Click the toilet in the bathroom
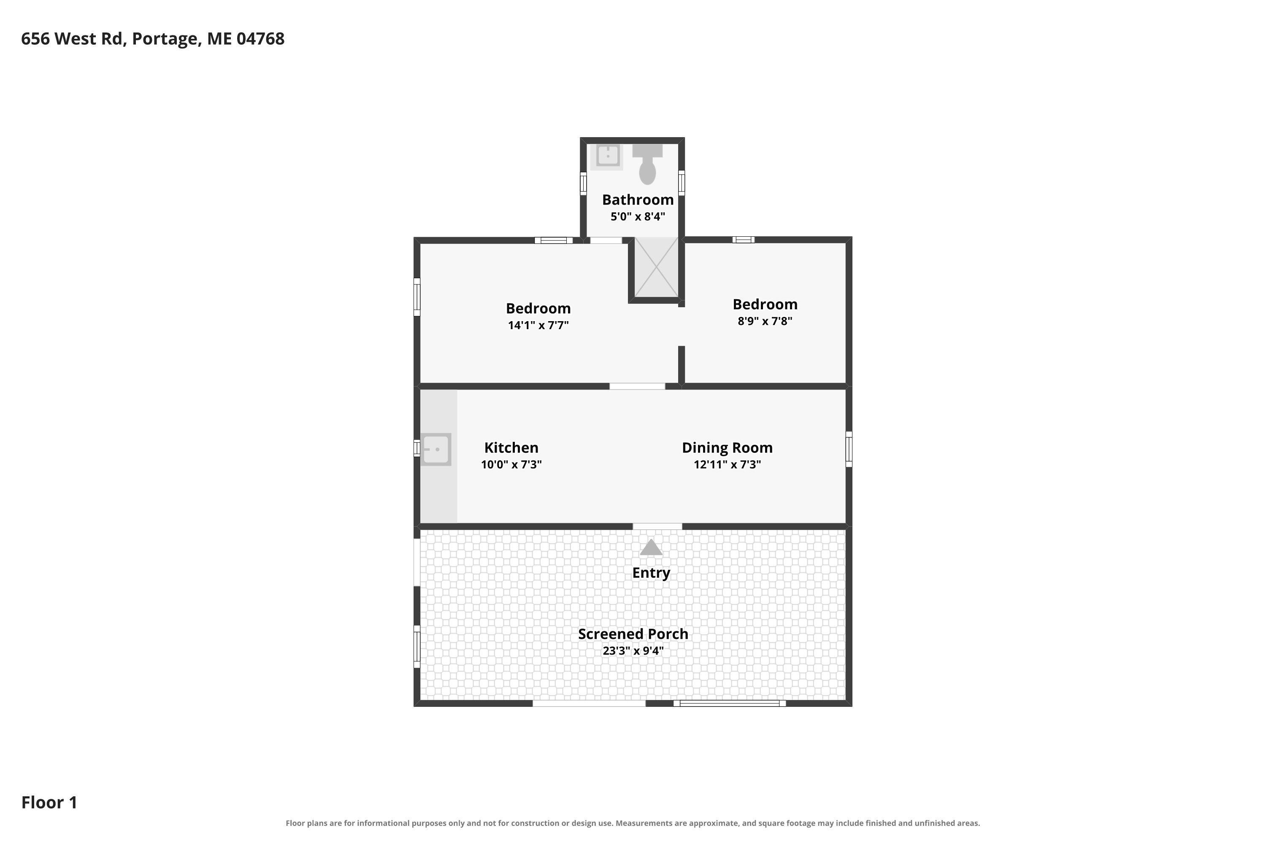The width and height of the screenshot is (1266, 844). click(647, 164)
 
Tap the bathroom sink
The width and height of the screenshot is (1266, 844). click(608, 156)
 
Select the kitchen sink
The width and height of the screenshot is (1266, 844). click(436, 449)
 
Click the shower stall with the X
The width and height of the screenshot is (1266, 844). click(656, 267)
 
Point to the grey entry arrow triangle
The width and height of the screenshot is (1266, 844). click(651, 547)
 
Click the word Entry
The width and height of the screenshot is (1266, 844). click(651, 573)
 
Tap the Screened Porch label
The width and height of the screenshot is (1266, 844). click(633, 634)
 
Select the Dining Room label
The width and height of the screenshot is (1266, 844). click(727, 448)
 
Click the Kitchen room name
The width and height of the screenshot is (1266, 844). click(511, 448)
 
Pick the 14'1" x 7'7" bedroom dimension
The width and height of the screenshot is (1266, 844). click(538, 325)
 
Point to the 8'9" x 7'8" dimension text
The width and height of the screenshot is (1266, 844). click(765, 321)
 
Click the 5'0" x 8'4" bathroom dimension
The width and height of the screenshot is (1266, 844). click(638, 216)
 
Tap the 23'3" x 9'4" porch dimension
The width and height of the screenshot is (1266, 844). click(633, 651)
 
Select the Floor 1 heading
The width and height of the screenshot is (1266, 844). click(49, 803)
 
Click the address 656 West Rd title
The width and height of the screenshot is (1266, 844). click(153, 39)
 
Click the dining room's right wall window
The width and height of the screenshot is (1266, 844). click(849, 449)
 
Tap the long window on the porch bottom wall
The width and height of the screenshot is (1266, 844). click(729, 703)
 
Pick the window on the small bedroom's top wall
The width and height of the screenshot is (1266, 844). click(743, 240)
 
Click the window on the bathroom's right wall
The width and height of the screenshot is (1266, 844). click(682, 182)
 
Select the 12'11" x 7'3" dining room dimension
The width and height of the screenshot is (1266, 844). click(727, 465)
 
